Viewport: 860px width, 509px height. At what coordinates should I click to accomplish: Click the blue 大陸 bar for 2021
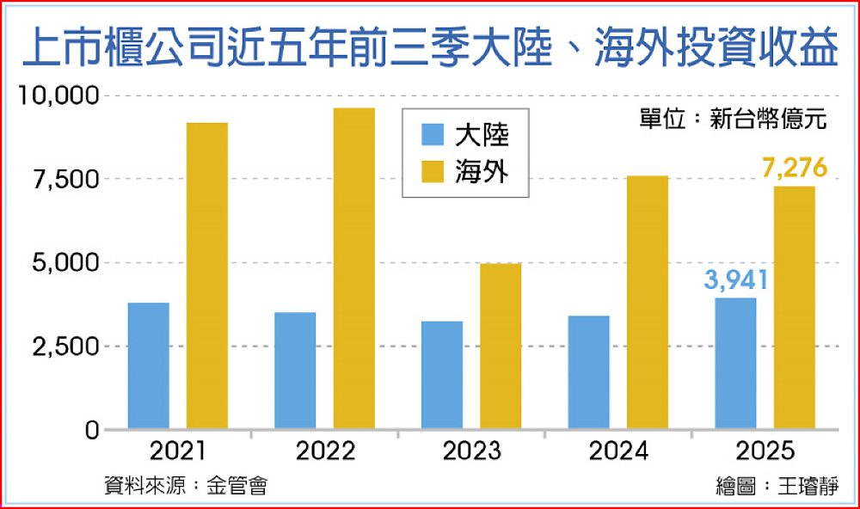point(148,365)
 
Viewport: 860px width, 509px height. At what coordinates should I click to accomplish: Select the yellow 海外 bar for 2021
point(207,275)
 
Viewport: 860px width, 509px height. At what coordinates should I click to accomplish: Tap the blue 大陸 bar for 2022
point(295,371)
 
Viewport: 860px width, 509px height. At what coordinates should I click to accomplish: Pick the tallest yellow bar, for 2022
point(354,268)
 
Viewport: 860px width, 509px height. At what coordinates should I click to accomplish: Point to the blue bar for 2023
point(442,375)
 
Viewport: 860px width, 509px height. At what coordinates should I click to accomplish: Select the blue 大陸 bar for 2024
point(588,372)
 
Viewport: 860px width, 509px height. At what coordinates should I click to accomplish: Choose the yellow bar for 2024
point(648,302)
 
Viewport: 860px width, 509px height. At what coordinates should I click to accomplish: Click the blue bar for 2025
point(735,363)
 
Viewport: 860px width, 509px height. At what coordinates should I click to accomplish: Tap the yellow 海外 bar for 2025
point(795,307)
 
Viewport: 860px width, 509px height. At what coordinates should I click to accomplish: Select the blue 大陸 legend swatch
point(432,135)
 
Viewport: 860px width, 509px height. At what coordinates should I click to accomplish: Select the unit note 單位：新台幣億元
point(732,119)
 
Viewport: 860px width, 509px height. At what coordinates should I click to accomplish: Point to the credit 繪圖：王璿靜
point(775,486)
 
